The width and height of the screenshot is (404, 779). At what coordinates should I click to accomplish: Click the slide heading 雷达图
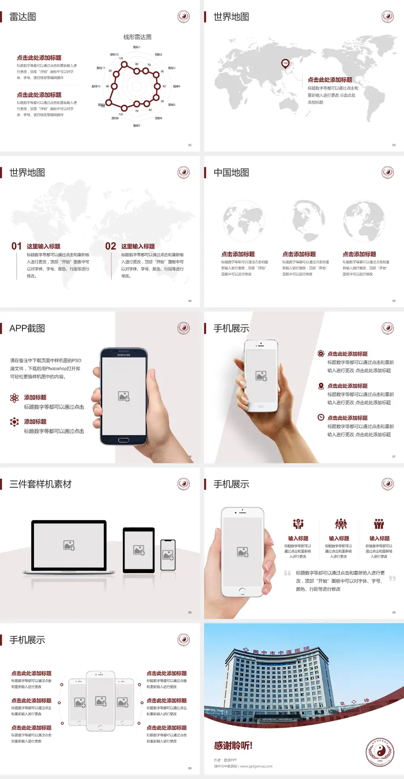(23, 17)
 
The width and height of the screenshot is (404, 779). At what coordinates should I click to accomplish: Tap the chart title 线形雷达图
(137, 37)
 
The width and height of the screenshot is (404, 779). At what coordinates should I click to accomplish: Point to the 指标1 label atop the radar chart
(137, 47)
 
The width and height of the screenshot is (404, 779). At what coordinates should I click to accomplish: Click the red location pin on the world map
(285, 64)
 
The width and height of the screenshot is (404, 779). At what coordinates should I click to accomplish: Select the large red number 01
(16, 246)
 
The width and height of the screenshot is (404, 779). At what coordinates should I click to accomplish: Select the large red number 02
(111, 246)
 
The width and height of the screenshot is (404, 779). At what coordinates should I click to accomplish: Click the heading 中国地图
(231, 173)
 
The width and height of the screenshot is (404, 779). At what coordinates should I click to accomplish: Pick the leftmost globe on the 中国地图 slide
(244, 221)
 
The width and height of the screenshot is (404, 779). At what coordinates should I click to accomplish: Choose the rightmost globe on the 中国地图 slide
(364, 221)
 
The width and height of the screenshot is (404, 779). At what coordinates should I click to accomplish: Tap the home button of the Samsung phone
(123, 440)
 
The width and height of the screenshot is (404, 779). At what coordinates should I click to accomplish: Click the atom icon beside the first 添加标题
(14, 398)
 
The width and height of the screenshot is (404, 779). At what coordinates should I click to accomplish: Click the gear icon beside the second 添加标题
(14, 422)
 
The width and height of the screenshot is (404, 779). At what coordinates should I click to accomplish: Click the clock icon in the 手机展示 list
(321, 417)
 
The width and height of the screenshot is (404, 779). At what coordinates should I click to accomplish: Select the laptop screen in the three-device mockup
(69, 545)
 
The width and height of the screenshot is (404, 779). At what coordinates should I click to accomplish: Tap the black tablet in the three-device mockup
(139, 550)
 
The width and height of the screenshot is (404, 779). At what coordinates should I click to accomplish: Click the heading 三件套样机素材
(40, 484)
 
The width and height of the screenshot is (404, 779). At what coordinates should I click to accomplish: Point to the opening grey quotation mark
(287, 573)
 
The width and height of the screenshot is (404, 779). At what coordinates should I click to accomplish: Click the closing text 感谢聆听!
(233, 746)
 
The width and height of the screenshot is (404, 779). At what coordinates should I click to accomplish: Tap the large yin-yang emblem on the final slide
(380, 752)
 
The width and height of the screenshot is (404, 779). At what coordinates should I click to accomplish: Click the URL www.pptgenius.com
(256, 766)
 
